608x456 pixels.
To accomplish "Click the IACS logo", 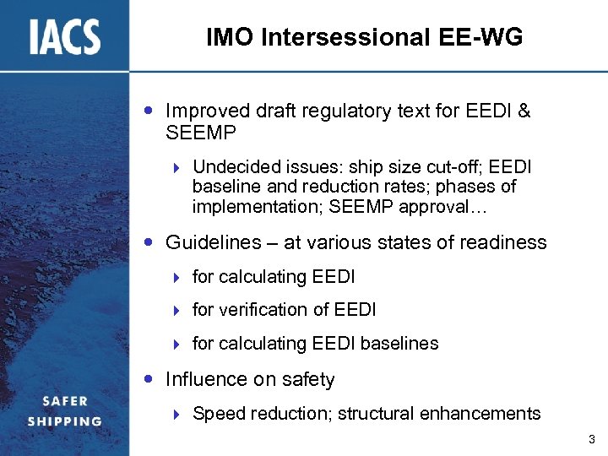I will (x=64, y=36).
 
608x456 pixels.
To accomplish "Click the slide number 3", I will (x=591, y=439).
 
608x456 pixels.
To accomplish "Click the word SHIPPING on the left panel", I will (x=64, y=421).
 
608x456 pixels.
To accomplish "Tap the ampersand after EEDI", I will (x=523, y=111).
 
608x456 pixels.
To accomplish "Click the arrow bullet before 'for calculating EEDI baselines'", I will (x=177, y=345).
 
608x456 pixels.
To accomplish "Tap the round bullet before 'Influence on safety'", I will (x=149, y=379).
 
